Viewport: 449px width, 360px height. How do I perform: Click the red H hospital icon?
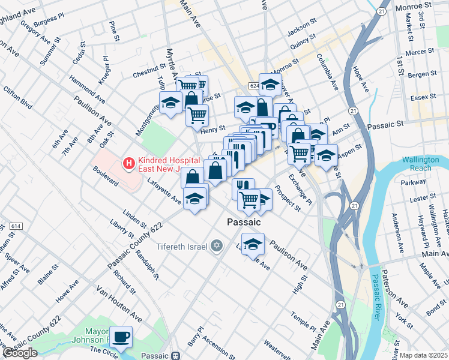(127, 163)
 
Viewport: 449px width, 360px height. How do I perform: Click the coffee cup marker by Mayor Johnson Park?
(122, 337)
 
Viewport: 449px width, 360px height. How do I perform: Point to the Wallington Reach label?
(425, 164)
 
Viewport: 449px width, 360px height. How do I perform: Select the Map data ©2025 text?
(424, 355)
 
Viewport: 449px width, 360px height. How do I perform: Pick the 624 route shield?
(253, 86)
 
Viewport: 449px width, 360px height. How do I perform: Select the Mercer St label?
(421, 53)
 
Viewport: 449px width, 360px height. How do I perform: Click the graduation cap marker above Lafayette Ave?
(195, 199)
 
